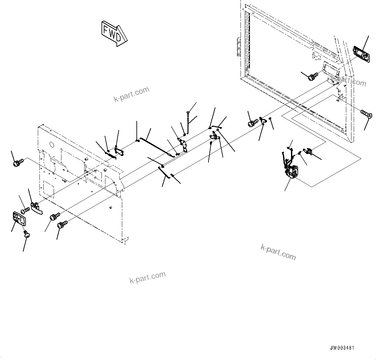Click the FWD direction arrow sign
tap(113, 33)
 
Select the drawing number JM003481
tap(342, 348)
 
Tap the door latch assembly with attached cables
tap(292, 170)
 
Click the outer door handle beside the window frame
tap(360, 52)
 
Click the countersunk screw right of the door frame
tap(366, 114)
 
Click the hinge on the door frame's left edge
tap(239, 46)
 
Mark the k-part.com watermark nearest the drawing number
tap(278, 252)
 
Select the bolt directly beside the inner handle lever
tap(25, 211)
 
